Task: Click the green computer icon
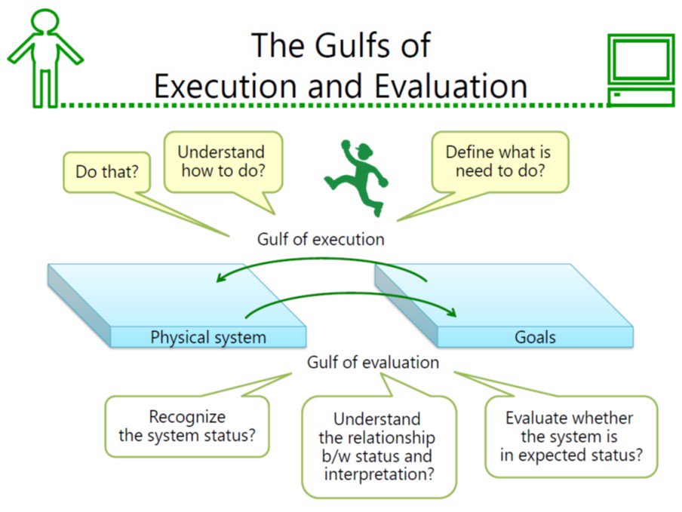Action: (x=641, y=70)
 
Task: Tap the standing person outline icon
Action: (x=45, y=58)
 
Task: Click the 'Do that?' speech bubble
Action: (x=106, y=172)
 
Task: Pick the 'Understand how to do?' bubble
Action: (x=223, y=161)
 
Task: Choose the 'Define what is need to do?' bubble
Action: (x=499, y=161)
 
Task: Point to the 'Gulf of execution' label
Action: (x=321, y=239)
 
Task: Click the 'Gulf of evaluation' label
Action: (x=373, y=362)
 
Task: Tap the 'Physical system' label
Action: (x=208, y=336)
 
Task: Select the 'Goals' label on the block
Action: (x=535, y=336)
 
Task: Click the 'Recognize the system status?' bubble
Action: (x=186, y=426)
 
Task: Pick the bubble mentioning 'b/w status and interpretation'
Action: (x=378, y=446)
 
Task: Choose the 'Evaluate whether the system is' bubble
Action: (x=570, y=437)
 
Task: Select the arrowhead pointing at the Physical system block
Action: (x=221, y=277)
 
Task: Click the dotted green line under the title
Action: (x=332, y=105)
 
